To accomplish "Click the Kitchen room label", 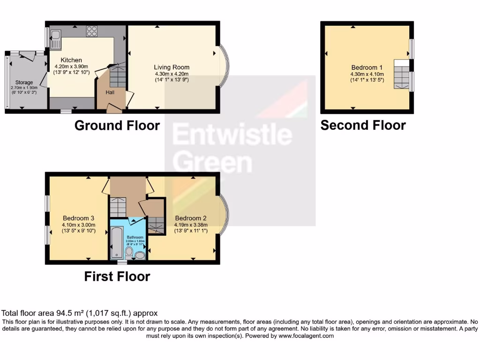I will (71, 60).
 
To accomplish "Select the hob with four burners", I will (91, 31).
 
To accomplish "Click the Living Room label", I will (172, 67).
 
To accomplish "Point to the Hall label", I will (110, 92).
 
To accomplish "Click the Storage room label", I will (24, 82).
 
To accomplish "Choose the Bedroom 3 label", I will (79, 218).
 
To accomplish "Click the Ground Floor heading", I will (117, 126).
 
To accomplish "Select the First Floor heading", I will (117, 277).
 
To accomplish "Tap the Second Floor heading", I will (363, 125).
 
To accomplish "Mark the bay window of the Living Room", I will (225, 67).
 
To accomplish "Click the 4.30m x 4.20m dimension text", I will (172, 74).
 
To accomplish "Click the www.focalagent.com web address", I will (306, 336).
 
